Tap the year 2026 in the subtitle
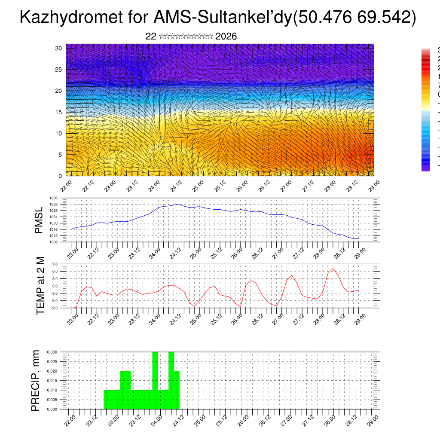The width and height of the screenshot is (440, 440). point(226,37)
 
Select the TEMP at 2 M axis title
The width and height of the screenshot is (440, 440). point(40,286)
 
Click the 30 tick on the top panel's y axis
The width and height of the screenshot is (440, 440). point(59,48)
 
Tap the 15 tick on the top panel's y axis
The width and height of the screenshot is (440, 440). point(59,112)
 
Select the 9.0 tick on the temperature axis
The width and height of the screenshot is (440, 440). point(55,264)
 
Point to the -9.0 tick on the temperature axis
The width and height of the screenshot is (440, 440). point(54,308)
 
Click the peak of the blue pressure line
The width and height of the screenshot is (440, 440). point(179,204)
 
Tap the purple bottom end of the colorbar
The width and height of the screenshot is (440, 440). point(425,169)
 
